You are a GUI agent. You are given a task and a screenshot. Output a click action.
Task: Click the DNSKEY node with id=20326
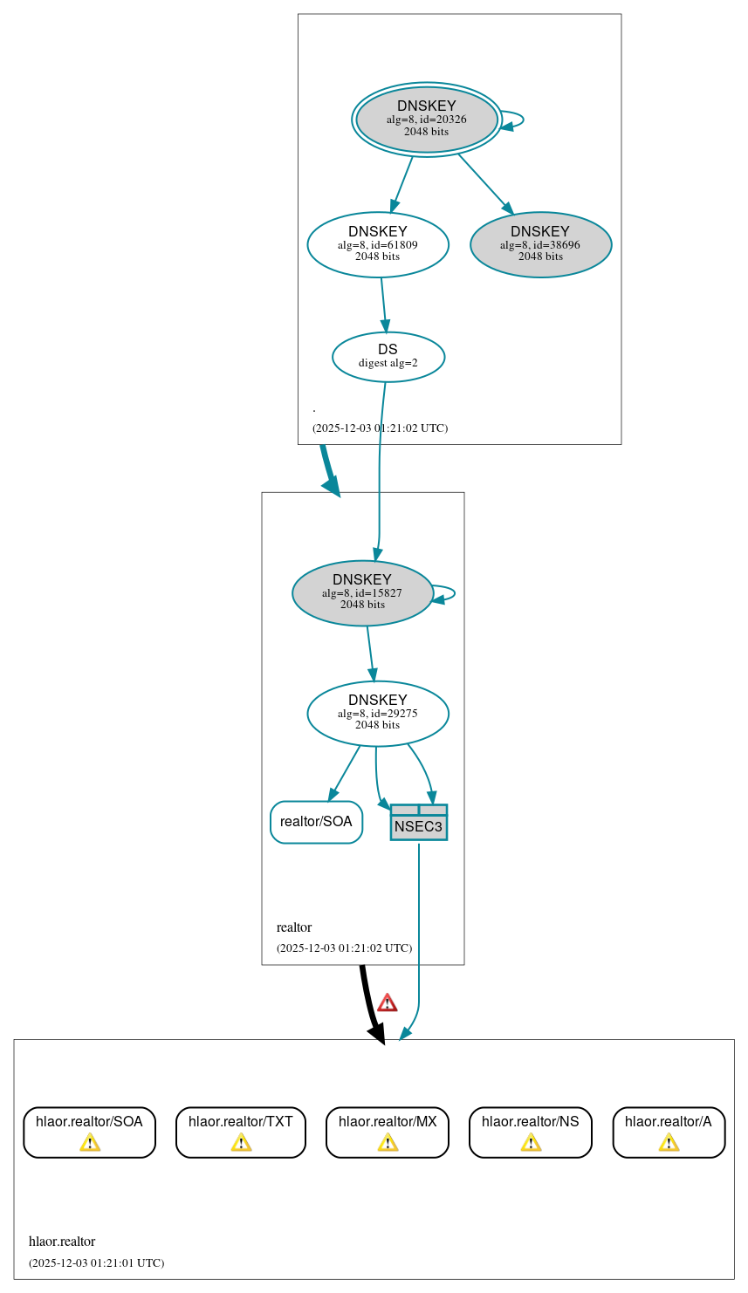click(x=427, y=120)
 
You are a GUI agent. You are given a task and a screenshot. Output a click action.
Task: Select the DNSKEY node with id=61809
click(x=378, y=245)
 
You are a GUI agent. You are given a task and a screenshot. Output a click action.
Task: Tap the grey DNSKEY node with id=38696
click(x=540, y=245)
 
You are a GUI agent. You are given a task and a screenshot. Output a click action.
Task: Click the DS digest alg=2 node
click(x=388, y=357)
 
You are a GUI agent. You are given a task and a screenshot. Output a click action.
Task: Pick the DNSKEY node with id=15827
click(x=362, y=593)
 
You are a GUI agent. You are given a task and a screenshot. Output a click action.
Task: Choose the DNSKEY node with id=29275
click(x=378, y=714)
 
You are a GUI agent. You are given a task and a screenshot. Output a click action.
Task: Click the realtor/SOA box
click(x=316, y=822)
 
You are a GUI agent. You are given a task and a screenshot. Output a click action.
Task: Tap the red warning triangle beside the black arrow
click(x=387, y=1002)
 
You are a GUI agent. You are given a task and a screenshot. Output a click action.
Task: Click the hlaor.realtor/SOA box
click(x=89, y=1132)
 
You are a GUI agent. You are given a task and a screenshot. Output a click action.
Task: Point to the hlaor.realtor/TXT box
click(x=241, y=1132)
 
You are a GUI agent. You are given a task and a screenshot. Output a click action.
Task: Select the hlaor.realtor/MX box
click(x=388, y=1132)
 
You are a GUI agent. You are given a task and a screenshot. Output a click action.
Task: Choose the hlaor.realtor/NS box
click(x=531, y=1132)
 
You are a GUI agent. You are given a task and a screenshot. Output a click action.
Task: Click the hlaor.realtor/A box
click(x=669, y=1132)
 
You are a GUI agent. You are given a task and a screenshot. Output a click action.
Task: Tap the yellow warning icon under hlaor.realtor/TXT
click(x=241, y=1142)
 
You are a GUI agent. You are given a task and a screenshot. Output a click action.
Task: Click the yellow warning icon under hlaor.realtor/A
click(x=669, y=1142)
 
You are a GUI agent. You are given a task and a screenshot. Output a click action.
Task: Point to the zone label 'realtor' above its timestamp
click(x=294, y=927)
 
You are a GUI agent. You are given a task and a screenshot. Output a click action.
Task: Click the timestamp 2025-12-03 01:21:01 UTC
click(x=96, y=1262)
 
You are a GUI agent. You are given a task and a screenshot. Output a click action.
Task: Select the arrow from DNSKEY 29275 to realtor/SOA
click(x=345, y=773)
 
